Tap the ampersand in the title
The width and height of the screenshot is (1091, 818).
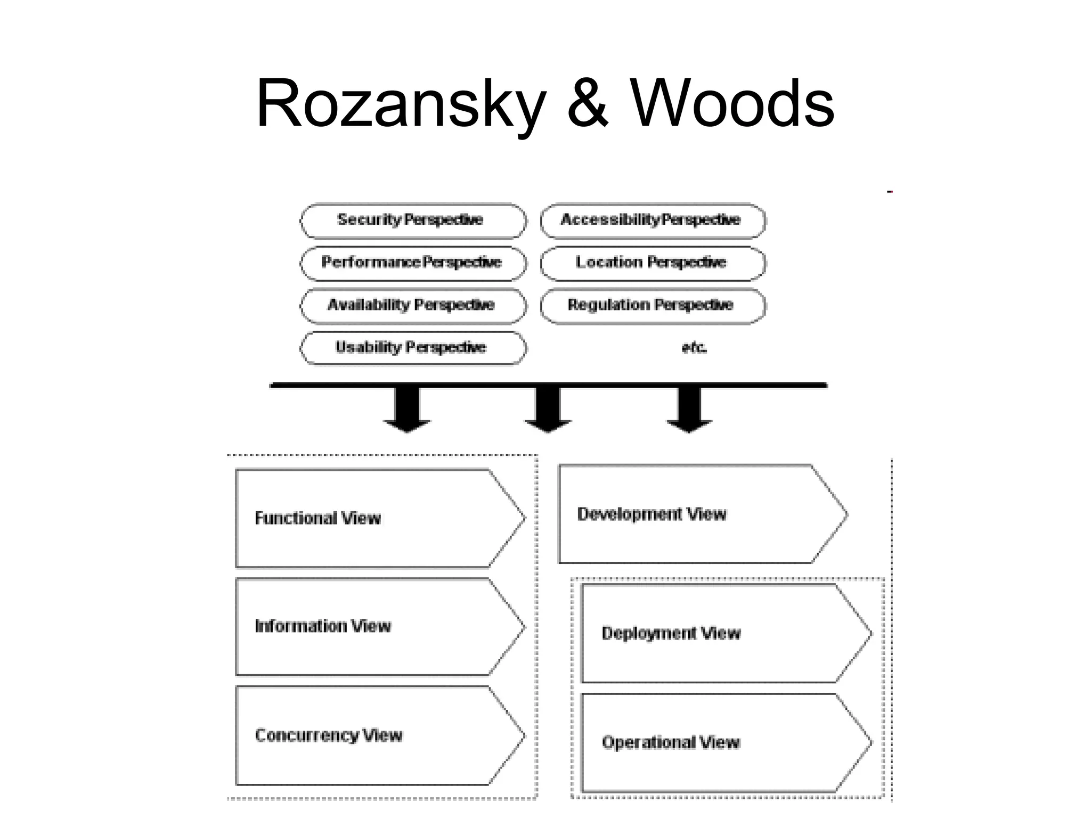pos(587,104)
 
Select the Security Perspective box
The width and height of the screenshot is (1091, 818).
pos(413,220)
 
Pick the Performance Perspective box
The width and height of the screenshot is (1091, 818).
pos(413,263)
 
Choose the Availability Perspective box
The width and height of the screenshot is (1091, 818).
pos(413,305)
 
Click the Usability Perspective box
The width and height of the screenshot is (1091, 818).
pos(413,348)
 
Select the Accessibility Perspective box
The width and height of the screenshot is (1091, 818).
pos(653,220)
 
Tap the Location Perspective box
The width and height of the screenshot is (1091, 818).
pos(653,263)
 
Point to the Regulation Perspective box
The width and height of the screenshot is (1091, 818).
pos(653,305)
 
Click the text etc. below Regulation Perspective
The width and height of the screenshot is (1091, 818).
pos(694,348)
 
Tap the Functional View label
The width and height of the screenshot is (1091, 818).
pos(318,518)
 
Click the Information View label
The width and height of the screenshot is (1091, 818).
pos(323,626)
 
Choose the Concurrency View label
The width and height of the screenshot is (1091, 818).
pos(329,735)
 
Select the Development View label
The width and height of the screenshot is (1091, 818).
pos(652,514)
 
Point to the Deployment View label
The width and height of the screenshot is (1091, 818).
pos(671,633)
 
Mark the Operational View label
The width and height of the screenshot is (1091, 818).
pos(671,742)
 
